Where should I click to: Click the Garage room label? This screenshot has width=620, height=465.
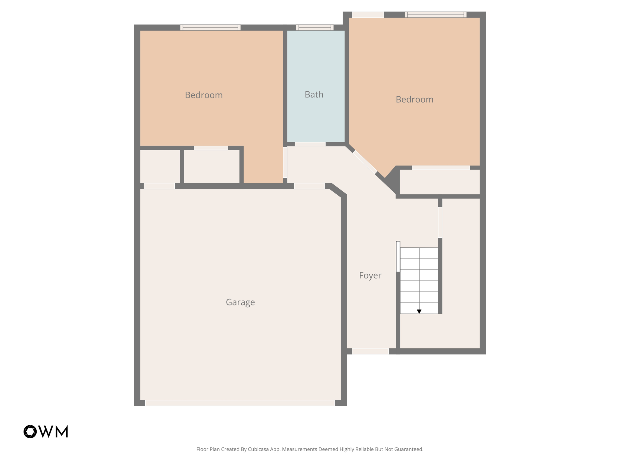(x=240, y=302)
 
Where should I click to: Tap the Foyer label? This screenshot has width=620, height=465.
(x=370, y=275)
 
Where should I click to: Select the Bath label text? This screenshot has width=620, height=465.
(x=314, y=94)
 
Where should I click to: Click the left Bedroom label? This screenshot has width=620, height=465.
(x=204, y=95)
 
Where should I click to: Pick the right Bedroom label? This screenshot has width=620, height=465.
(x=414, y=99)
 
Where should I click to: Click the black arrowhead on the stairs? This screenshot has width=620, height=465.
(x=419, y=312)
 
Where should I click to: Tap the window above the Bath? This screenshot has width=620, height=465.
(x=315, y=28)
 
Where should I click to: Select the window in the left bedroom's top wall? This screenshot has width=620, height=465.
(x=210, y=28)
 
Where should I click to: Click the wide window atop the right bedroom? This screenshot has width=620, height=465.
(x=435, y=15)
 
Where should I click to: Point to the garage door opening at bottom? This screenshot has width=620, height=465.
(x=240, y=403)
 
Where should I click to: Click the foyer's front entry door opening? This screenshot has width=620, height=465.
(x=370, y=351)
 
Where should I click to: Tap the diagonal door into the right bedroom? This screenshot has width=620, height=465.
(x=365, y=162)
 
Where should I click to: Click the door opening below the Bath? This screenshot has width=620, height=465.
(x=310, y=144)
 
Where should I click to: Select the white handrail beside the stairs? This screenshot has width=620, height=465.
(x=398, y=256)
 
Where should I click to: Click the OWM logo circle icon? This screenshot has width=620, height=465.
(x=30, y=432)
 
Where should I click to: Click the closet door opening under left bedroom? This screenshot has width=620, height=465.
(x=211, y=148)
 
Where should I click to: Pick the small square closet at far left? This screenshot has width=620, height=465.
(x=160, y=166)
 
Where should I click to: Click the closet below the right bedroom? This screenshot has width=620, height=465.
(x=440, y=182)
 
